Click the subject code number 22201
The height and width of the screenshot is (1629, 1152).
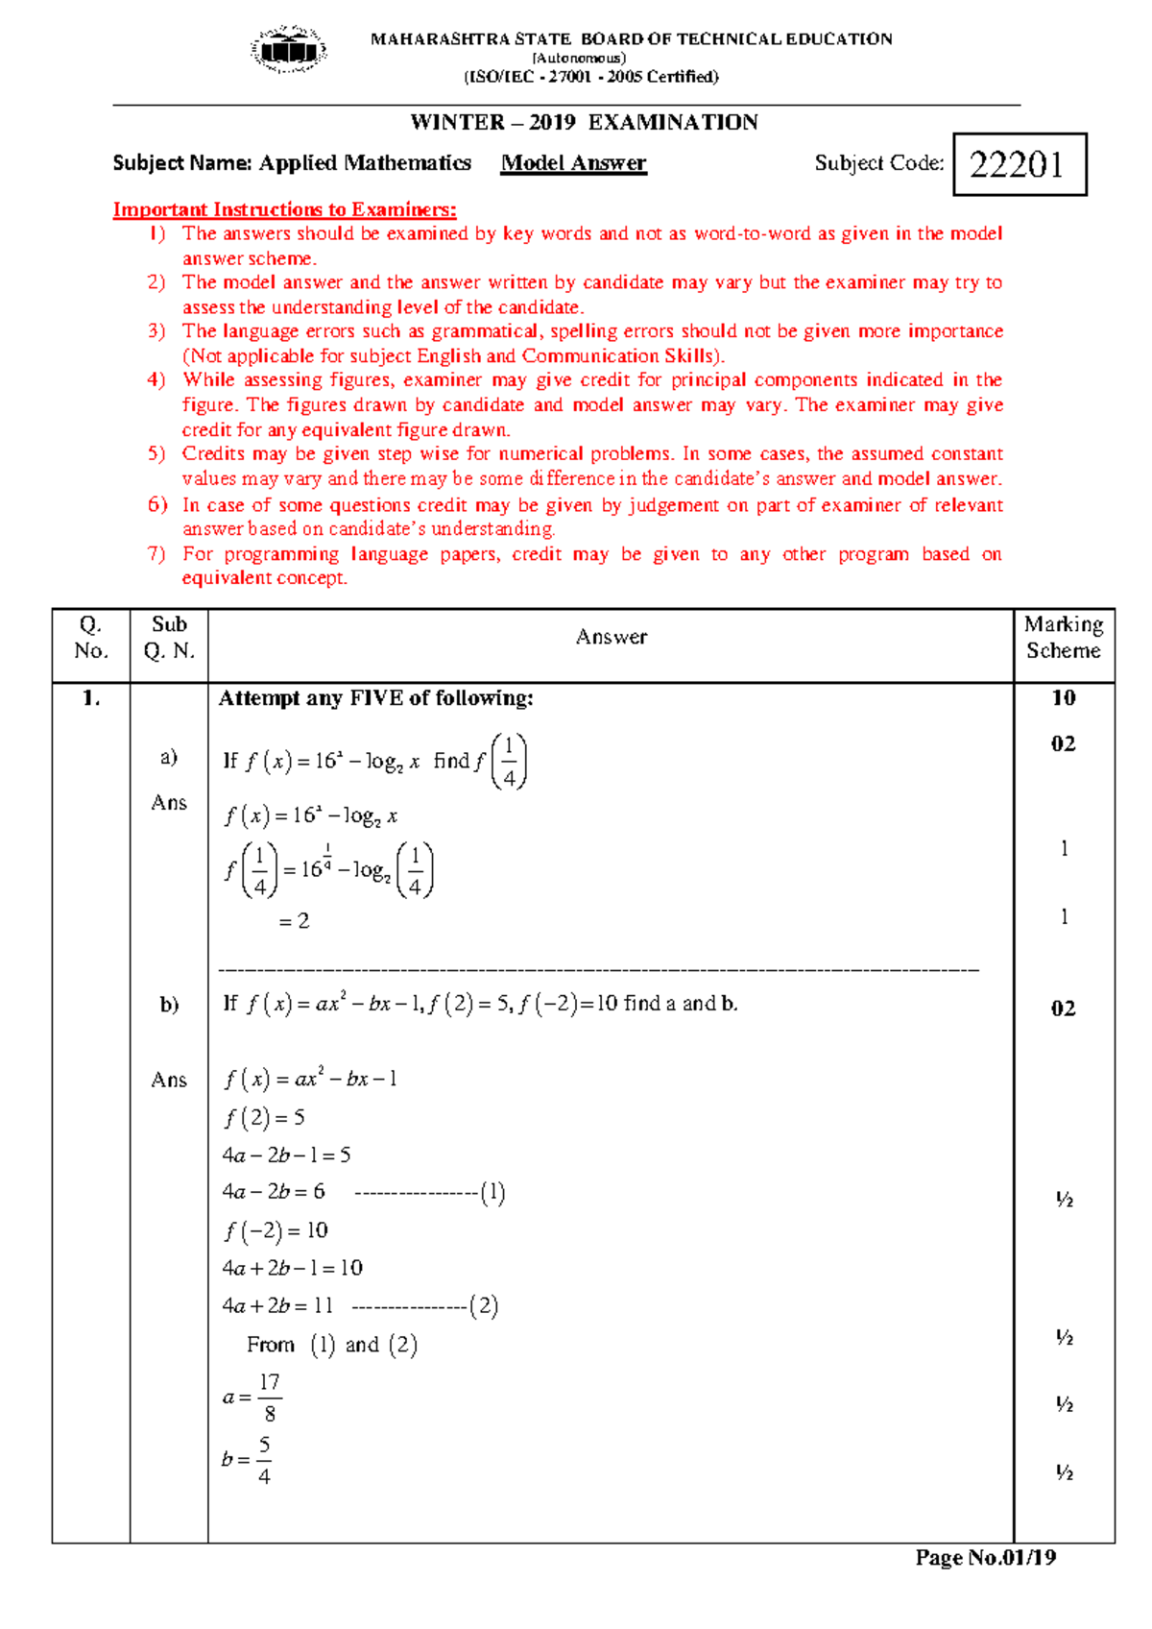pos(1017,165)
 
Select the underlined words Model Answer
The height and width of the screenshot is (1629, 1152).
pos(573,163)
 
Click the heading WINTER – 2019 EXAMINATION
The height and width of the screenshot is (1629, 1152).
pos(584,122)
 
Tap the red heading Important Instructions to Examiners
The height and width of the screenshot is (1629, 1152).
pos(284,209)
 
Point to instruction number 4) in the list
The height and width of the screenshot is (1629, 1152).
pos(156,379)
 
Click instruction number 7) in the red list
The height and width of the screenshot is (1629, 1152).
pos(156,553)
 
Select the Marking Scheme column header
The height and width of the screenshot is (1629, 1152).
pos(1063,637)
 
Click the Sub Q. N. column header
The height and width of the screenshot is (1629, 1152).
pos(169,637)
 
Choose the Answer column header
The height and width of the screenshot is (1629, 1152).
pos(611,637)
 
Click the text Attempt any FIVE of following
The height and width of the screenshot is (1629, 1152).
pos(375,698)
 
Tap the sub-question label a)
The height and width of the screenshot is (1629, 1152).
pos(169,757)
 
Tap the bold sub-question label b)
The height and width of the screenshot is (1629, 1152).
pos(169,1005)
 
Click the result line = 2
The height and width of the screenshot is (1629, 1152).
pos(294,921)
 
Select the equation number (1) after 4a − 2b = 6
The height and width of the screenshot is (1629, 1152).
pos(492,1193)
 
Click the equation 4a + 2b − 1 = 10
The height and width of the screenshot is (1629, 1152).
pos(292,1268)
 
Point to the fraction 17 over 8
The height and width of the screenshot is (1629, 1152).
pos(270,1398)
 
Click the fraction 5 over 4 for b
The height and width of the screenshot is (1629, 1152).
pos(264,1460)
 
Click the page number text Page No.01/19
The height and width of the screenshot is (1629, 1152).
pos(985,1558)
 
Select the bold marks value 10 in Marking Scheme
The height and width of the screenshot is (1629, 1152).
pos(1063,698)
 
